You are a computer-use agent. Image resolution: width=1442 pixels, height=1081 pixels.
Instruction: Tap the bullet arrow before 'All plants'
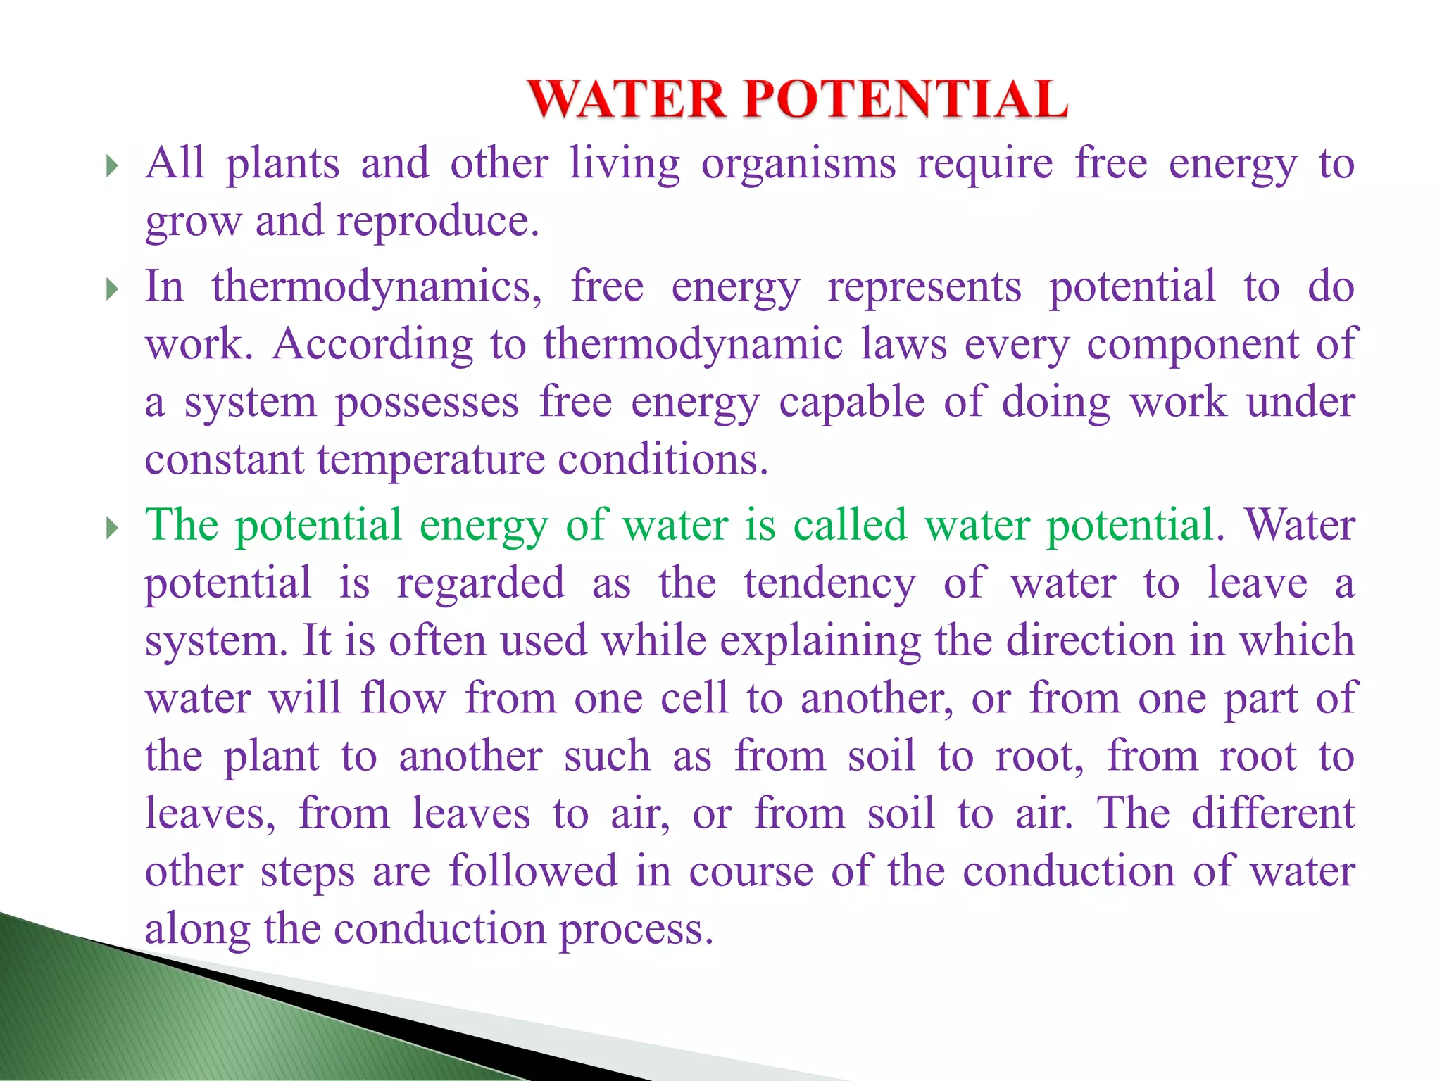(x=111, y=167)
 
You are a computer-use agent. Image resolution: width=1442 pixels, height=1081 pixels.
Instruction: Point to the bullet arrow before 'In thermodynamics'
(x=111, y=289)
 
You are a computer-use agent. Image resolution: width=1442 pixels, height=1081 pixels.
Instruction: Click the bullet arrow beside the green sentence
(x=111, y=528)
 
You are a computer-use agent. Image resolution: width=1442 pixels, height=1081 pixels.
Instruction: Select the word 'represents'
(x=924, y=287)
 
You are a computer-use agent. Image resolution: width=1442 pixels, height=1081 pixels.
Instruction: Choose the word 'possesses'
(x=427, y=404)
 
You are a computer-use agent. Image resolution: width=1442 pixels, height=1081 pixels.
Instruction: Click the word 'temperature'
(x=431, y=460)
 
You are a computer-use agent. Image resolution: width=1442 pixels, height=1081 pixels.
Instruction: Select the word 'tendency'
(x=829, y=584)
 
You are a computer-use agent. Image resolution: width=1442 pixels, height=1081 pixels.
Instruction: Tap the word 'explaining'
(x=820, y=642)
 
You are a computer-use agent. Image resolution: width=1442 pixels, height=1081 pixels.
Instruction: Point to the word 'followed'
(x=533, y=871)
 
